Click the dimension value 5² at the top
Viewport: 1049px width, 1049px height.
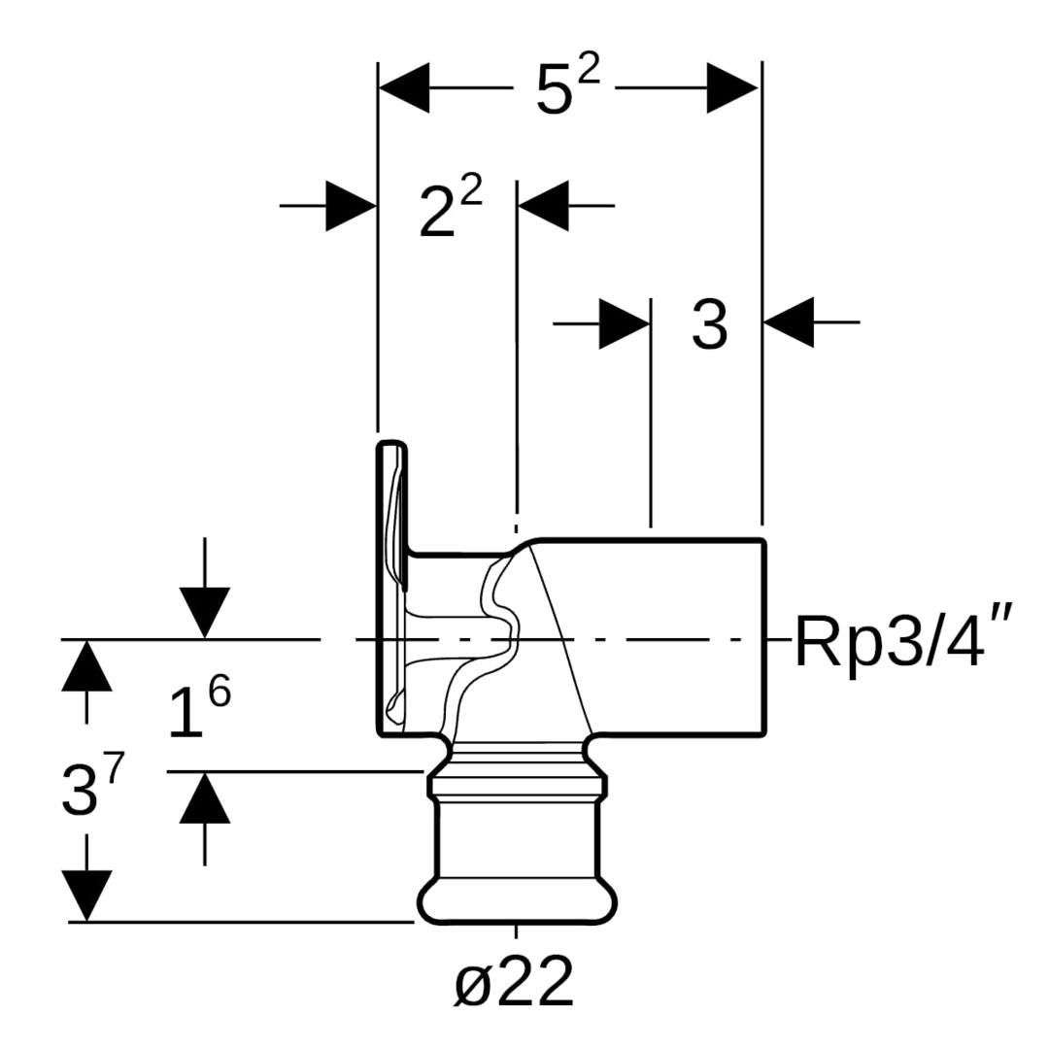coord(566,90)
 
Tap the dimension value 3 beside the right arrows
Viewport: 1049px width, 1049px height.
coord(709,325)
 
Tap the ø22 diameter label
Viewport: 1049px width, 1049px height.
coord(514,984)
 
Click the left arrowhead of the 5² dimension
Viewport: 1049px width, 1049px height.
coord(403,87)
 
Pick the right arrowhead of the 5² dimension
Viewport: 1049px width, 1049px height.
coord(732,87)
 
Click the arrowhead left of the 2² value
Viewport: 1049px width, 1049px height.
coord(351,205)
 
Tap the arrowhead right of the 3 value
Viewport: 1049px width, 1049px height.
coord(789,321)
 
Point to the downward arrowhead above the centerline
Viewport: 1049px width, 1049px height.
coord(204,613)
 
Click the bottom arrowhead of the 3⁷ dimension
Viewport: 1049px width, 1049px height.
coord(86,895)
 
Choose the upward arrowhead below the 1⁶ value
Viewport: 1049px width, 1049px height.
coord(204,797)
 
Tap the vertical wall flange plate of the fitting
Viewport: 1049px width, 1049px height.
coord(390,588)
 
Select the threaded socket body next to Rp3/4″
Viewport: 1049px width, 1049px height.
coord(680,636)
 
